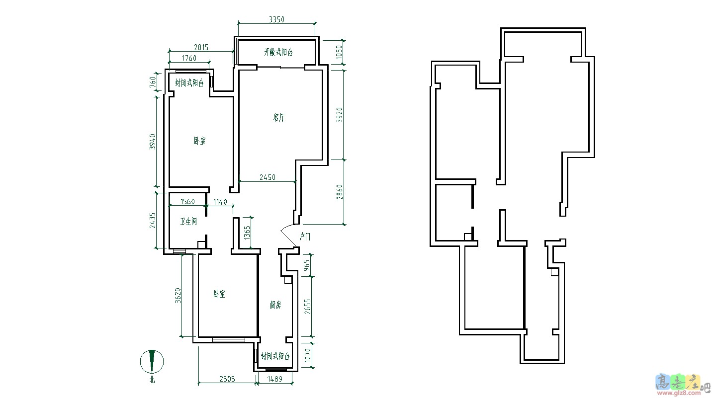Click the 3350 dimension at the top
pyautogui.click(x=276, y=19)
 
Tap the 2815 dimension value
pyautogui.click(x=201, y=48)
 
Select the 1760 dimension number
pyautogui.click(x=189, y=58)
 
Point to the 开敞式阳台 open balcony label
pyautogui.click(x=278, y=52)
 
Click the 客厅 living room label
pyautogui.click(x=279, y=118)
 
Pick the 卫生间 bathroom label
pyautogui.click(x=188, y=221)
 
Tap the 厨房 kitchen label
pyautogui.click(x=275, y=305)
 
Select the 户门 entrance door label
pyautogui.click(x=305, y=237)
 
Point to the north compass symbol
pyautogui.click(x=152, y=362)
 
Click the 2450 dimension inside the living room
pyautogui.click(x=267, y=177)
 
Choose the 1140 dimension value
pyautogui.click(x=220, y=202)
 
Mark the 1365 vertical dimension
pyautogui.click(x=247, y=233)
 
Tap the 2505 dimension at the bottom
pyautogui.click(x=227, y=379)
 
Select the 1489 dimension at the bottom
pyautogui.click(x=275, y=379)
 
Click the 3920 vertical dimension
pyautogui.click(x=340, y=115)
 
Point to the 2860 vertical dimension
pyautogui.click(x=340, y=192)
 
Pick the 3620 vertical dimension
pyautogui.click(x=178, y=296)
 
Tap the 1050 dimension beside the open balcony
pyautogui.click(x=339, y=52)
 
